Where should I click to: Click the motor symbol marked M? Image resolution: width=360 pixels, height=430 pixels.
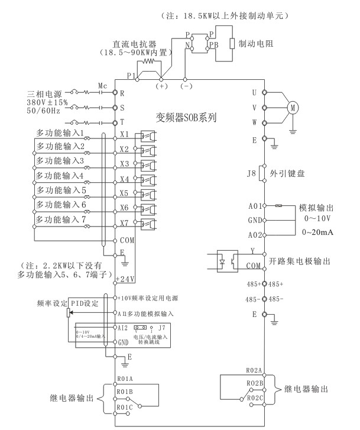[x=293, y=107]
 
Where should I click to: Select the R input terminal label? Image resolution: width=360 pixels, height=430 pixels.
[x=122, y=93]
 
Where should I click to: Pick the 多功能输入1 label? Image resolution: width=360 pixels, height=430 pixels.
[x=61, y=133]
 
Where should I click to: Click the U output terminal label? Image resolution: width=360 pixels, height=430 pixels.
[x=255, y=92]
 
